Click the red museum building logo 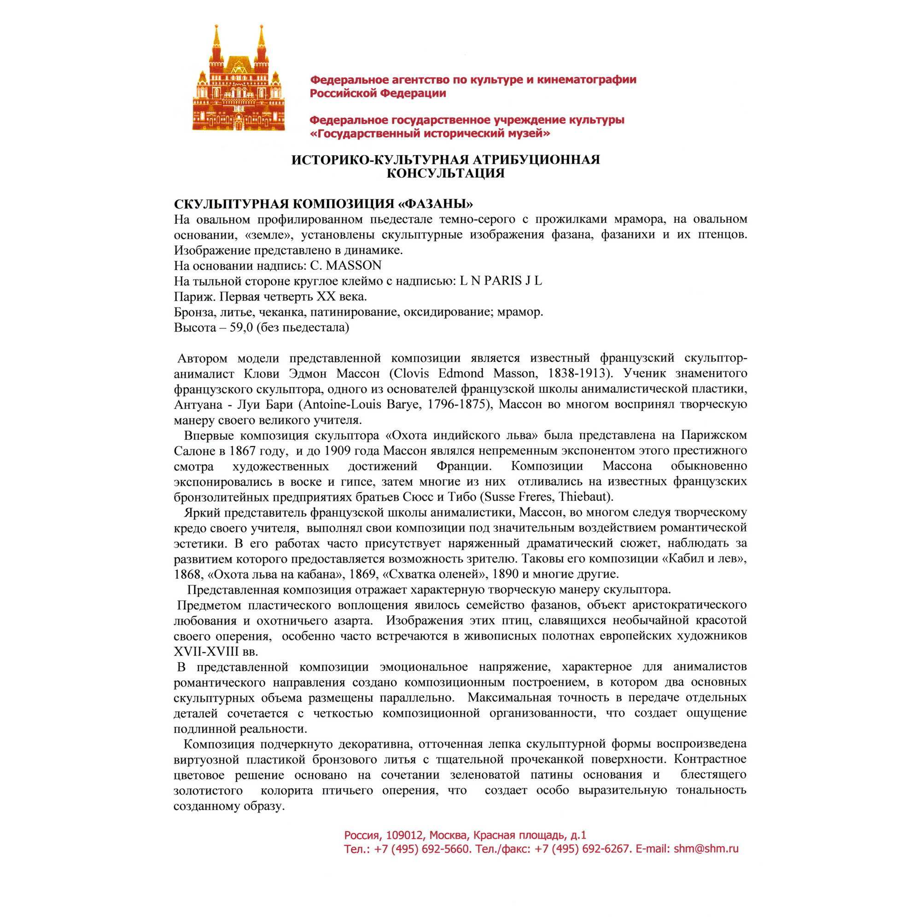[x=239, y=79]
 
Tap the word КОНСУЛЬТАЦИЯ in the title [x=445, y=173]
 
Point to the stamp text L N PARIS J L [x=501, y=281]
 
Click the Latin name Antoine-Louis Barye [x=361, y=404]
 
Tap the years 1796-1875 [x=455, y=404]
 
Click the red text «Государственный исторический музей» [x=430, y=134]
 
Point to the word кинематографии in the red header [x=586, y=80]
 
